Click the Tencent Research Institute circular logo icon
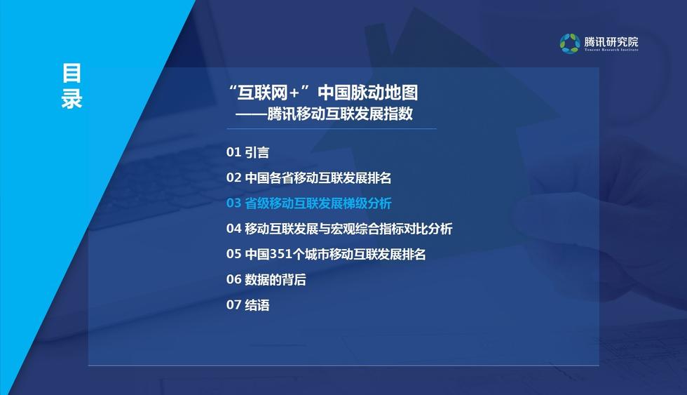[x=569, y=43]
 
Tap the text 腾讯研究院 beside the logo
[x=611, y=41]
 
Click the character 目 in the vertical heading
[x=72, y=73]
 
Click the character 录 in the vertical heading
[x=72, y=99]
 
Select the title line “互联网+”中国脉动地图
[x=323, y=93]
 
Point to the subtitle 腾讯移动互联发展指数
[x=340, y=114]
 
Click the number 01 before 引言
[x=233, y=152]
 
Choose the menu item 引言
[x=257, y=152]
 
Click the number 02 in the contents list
[x=233, y=178]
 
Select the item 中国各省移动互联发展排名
[x=318, y=178]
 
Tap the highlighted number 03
[x=233, y=203]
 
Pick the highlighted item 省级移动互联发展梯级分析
[x=318, y=203]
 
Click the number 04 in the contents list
[x=233, y=229]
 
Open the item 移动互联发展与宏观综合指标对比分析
[x=348, y=229]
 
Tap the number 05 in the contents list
[x=233, y=254]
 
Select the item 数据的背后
[x=275, y=279]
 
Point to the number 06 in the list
[x=233, y=279]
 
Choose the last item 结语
[x=257, y=304]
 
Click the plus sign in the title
[x=294, y=93]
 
